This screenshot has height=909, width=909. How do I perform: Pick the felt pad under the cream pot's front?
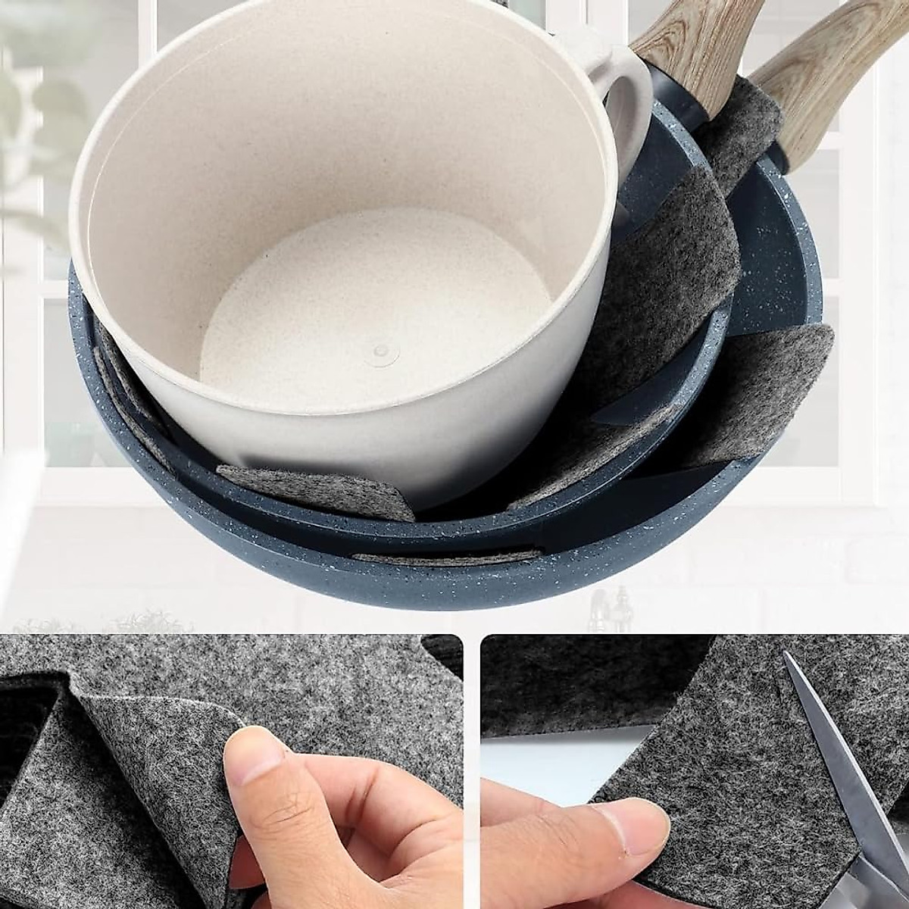point(318,489)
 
